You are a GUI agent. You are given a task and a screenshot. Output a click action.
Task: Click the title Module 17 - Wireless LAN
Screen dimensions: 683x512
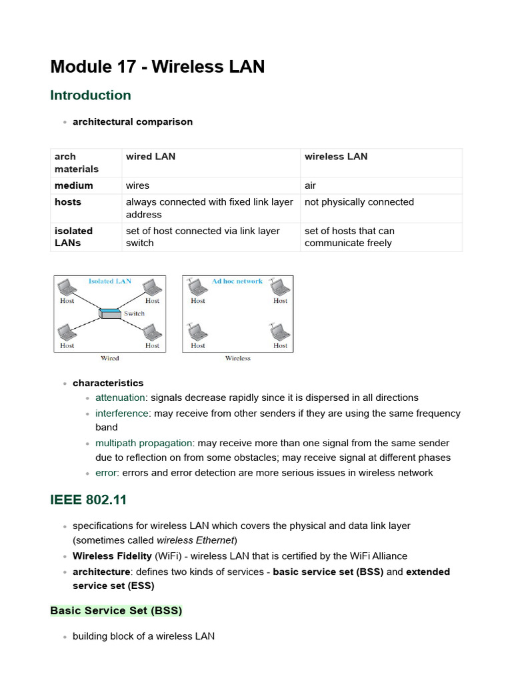pyautogui.click(x=157, y=67)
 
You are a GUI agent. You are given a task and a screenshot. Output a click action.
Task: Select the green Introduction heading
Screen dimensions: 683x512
pyautogui.click(x=91, y=95)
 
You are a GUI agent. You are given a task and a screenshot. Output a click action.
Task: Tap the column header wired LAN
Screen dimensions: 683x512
pyautogui.click(x=151, y=157)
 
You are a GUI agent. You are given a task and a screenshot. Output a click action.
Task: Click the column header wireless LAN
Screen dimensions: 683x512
pyautogui.click(x=336, y=157)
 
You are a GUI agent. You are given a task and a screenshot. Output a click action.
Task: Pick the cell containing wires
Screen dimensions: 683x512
pyautogui.click(x=137, y=185)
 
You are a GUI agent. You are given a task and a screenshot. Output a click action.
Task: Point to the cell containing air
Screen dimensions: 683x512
pyautogui.click(x=310, y=185)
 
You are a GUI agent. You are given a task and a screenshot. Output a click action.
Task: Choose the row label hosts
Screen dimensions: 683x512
pyautogui.click(x=68, y=202)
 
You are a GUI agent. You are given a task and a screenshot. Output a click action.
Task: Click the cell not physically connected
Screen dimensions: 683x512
pyautogui.click(x=359, y=202)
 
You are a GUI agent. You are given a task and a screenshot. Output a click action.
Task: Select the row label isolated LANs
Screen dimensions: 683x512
pyautogui.click(x=73, y=237)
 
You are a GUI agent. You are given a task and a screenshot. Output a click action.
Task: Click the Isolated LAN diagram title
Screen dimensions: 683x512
pyautogui.click(x=110, y=281)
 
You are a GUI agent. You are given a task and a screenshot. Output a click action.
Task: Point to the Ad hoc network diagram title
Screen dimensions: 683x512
pyautogui.click(x=237, y=281)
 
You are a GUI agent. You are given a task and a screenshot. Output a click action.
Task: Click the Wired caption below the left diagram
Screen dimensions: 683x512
pyautogui.click(x=110, y=359)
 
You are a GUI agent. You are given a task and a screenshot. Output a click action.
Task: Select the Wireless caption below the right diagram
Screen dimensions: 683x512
pyautogui.click(x=237, y=359)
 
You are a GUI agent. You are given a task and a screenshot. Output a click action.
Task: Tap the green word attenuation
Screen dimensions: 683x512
pyautogui.click(x=120, y=398)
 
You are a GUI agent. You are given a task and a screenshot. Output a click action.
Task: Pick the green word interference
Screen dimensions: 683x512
pyautogui.click(x=122, y=414)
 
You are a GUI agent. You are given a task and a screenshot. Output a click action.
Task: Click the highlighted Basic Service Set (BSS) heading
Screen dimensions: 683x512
pyautogui.click(x=116, y=610)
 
